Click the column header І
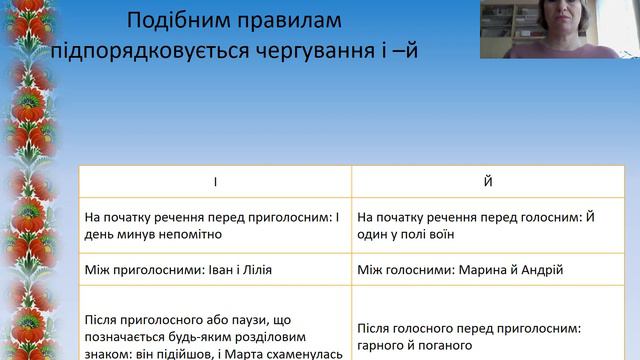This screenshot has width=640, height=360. click(214, 183)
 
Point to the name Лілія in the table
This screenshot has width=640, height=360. click(254, 270)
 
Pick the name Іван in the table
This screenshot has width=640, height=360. click(199, 270)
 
